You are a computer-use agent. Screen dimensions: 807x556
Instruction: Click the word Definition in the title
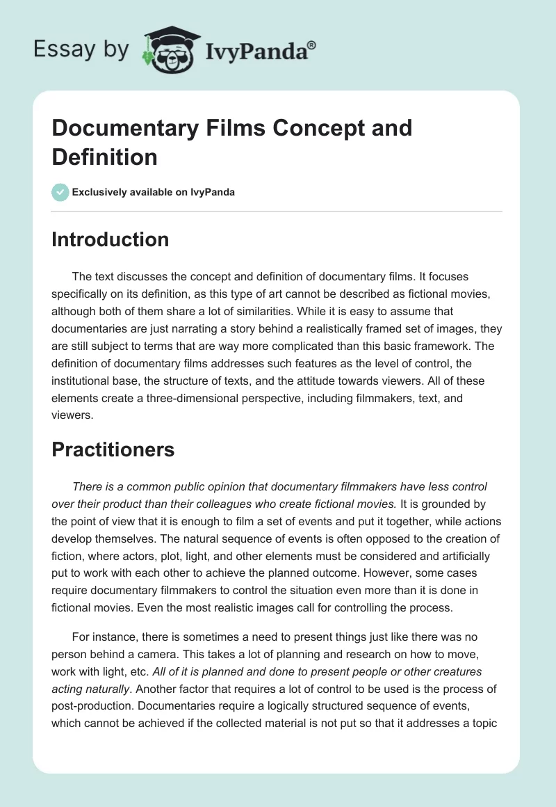click(104, 157)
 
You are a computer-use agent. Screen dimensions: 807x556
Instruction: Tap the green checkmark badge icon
click(60, 192)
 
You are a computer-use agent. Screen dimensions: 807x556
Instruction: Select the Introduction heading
click(110, 239)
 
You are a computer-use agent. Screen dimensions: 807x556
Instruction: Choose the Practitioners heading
click(113, 449)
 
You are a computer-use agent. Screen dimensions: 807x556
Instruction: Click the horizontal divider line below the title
click(277, 211)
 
